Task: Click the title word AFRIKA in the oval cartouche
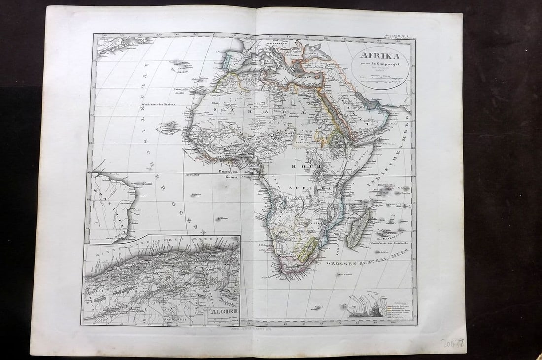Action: [379, 56]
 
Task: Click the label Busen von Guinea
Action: [228, 174]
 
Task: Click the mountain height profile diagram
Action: [367, 308]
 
